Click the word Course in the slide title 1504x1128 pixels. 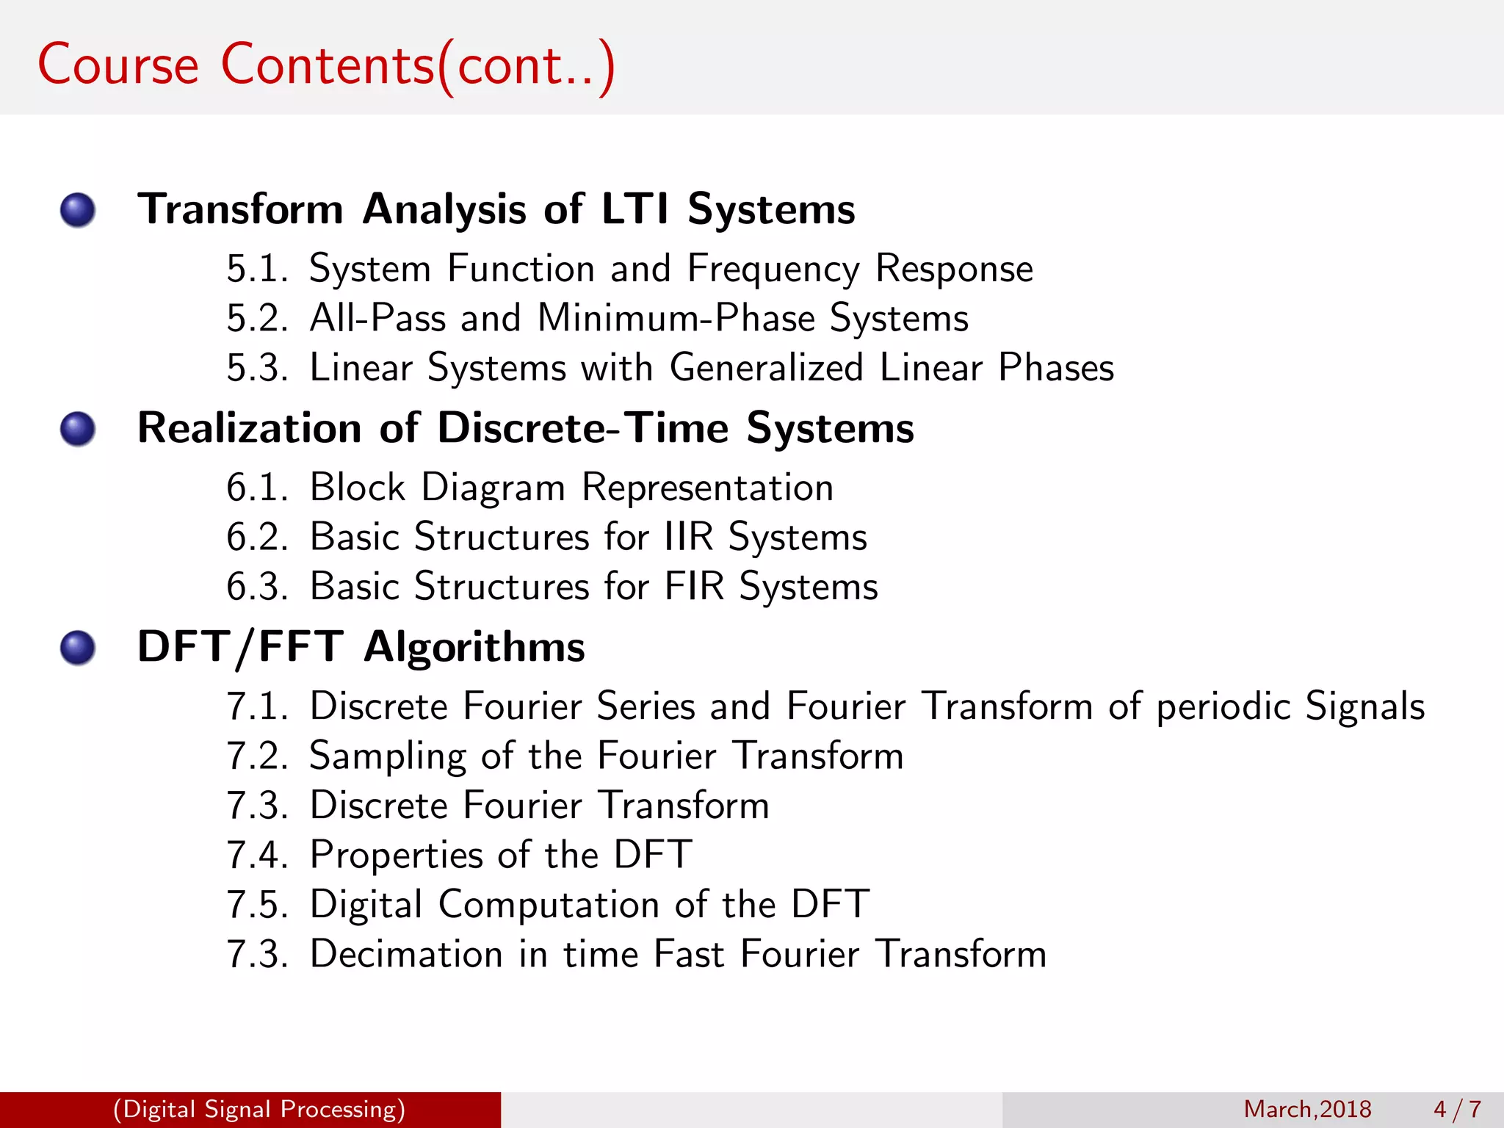click(118, 65)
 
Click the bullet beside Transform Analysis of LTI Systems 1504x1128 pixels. click(78, 211)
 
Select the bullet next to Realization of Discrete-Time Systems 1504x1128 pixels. click(78, 429)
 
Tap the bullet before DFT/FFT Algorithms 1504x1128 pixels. click(78, 648)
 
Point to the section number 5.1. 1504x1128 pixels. click(257, 269)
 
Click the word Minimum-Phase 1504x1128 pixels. click(676, 319)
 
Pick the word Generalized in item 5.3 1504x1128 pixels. click(766, 367)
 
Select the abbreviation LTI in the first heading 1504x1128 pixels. click(635, 209)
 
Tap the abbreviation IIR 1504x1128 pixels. click(688, 537)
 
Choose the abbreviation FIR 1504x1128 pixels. click(694, 587)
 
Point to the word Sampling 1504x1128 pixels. click(388, 757)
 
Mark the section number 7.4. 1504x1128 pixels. click(257, 856)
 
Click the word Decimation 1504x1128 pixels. click(406, 954)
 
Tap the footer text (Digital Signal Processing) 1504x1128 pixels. click(259, 1109)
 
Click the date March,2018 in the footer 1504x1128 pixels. click(1307, 1109)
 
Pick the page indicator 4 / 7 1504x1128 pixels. click(1457, 1109)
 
